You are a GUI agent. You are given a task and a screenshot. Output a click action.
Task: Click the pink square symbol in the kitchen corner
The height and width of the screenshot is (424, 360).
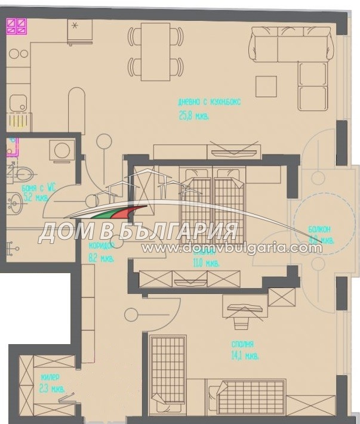16,26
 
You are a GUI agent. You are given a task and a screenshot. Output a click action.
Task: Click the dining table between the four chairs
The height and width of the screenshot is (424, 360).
155,51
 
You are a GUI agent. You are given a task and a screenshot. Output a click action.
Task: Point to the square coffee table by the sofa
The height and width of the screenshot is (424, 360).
266,87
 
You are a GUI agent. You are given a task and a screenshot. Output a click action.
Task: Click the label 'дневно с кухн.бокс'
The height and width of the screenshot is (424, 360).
205,101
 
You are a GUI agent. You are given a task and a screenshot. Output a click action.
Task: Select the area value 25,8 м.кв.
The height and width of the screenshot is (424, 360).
194,117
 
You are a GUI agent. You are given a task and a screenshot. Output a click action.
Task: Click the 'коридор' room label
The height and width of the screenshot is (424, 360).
100,246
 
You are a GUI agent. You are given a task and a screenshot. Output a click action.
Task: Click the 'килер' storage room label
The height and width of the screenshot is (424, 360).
50,377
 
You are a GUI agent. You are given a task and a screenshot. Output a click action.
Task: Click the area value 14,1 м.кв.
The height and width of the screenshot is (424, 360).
245,357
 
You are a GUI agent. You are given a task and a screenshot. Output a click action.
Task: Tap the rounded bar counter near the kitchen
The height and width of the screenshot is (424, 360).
76,110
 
